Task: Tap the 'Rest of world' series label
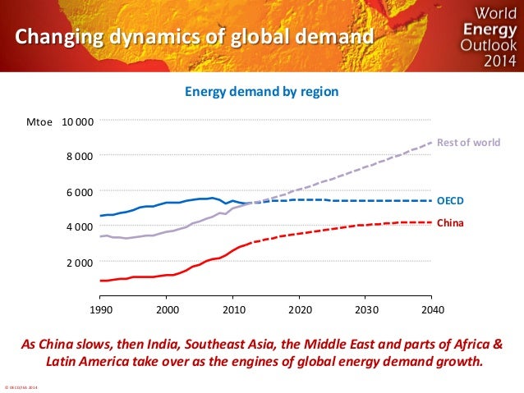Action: (467, 143)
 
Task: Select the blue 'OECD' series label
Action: (450, 200)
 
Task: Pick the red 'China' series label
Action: (449, 222)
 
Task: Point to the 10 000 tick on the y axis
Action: (77, 122)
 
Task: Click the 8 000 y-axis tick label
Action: (80, 156)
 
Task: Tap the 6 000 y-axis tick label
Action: (80, 192)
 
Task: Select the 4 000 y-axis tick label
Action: (80, 226)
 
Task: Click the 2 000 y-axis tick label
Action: (80, 263)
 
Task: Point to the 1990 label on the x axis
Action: (100, 311)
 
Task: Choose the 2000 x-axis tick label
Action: (167, 311)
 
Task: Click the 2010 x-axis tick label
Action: (233, 311)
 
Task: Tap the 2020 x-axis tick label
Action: (299, 311)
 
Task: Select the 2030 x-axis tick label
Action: (365, 311)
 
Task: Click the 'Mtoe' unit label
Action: (39, 122)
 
